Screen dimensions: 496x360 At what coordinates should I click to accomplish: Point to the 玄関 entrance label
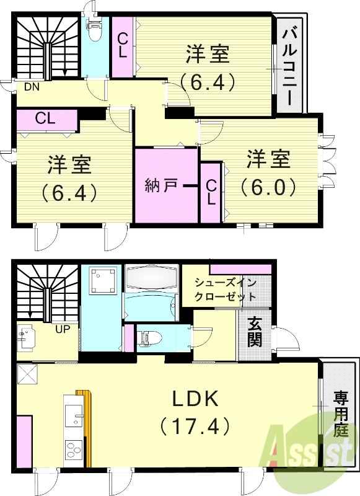255,332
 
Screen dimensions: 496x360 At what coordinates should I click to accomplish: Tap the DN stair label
32,87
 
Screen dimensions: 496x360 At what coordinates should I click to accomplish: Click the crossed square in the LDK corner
27,374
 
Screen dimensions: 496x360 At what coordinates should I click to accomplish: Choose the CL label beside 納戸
211,192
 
